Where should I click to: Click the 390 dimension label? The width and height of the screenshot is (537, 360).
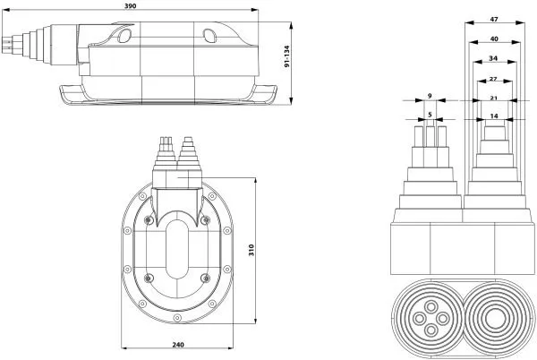point(131,5)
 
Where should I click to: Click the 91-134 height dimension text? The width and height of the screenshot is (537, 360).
point(287,56)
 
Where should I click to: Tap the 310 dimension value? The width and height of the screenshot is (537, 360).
point(251,251)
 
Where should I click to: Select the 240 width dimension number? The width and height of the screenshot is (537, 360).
point(178,345)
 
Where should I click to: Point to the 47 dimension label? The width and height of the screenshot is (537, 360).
point(494,20)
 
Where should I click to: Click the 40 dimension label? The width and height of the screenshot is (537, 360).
point(494,39)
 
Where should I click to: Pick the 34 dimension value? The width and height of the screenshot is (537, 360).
point(493,58)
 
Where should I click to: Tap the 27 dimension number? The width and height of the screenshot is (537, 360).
point(493,79)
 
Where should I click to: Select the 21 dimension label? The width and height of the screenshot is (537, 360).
point(493,99)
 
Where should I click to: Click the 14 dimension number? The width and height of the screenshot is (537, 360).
point(494,116)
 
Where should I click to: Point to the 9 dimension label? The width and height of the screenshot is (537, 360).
point(430,96)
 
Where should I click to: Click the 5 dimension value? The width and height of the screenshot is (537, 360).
point(430,116)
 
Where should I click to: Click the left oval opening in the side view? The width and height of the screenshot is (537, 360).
point(124,36)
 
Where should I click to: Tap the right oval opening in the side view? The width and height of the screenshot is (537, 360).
point(209,36)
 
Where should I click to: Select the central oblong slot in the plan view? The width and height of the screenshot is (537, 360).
point(176,249)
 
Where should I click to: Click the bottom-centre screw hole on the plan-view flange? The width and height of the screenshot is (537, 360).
point(176,318)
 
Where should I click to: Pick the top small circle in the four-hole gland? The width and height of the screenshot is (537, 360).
point(430,306)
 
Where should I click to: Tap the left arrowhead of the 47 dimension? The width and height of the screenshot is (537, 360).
point(469,23)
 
